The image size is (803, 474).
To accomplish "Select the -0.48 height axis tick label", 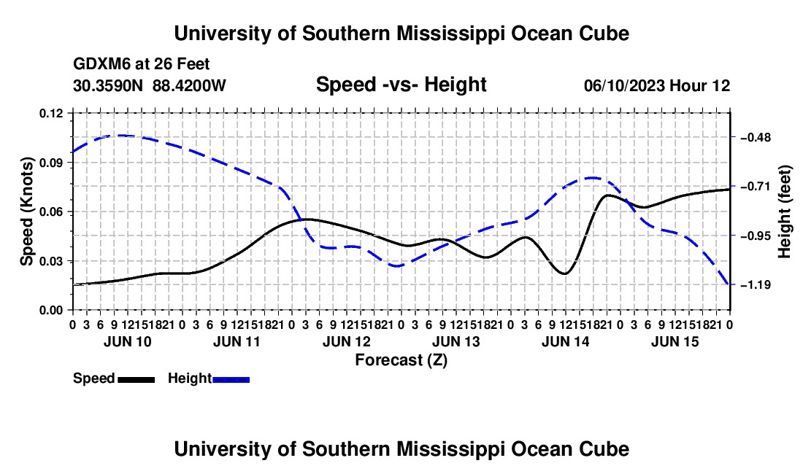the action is coord(756,138).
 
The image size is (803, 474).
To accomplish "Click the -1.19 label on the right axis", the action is coord(756,285).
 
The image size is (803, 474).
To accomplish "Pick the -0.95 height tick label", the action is coord(756,236).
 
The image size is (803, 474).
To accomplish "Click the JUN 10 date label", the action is coord(128,341).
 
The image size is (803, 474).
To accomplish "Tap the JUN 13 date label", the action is coord(456,341).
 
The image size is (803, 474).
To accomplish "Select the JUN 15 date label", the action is coord(675,341).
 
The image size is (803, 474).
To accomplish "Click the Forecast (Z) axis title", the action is coord(401,360).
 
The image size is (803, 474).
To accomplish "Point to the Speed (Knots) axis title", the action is coord(26,211).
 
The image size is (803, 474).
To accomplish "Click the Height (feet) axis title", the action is coord(785,211).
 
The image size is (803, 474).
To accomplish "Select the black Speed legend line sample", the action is coord(137,379).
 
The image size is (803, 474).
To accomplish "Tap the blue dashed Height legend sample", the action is coord(231,379).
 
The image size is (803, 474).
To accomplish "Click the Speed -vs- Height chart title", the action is coord(401,85).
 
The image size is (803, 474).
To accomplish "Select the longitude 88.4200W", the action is coord(189,85).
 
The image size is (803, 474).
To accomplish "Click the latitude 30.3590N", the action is coord(108,85).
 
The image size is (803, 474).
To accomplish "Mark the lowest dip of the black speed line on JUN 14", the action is coord(564,273).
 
